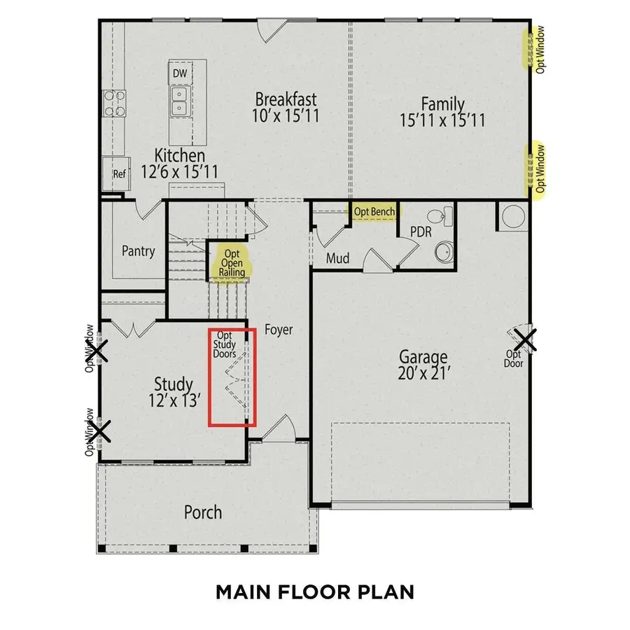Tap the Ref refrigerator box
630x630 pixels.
(x=120, y=174)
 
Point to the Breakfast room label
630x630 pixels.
(x=286, y=99)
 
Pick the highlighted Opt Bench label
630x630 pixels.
(x=374, y=211)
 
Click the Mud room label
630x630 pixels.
(x=338, y=259)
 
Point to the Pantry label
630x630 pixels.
(x=138, y=251)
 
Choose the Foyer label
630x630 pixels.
(x=279, y=330)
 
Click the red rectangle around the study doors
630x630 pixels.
(x=232, y=376)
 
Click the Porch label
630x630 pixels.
(x=203, y=512)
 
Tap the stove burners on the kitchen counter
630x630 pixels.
(x=114, y=103)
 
